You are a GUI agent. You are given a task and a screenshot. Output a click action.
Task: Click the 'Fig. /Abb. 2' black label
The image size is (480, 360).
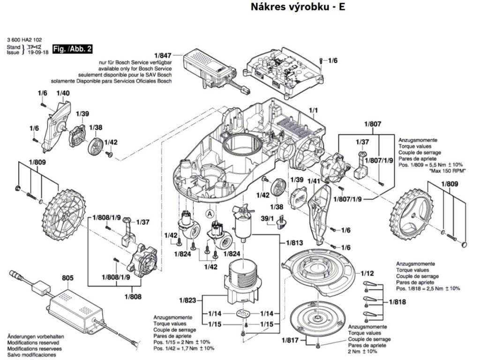point(72,49)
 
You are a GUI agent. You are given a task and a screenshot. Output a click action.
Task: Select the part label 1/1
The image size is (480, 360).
point(313,112)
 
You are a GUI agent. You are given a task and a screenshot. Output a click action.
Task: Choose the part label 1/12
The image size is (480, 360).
point(367,273)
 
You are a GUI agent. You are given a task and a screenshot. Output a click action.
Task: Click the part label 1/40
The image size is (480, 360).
point(63,93)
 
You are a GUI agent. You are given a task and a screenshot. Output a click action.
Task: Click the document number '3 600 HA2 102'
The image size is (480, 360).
point(24,40)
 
